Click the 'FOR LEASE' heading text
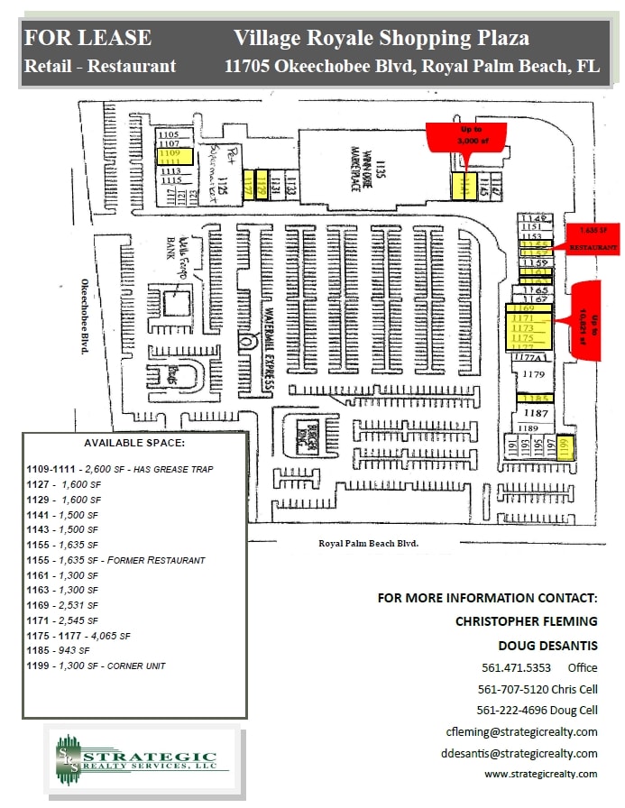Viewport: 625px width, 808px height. (x=88, y=38)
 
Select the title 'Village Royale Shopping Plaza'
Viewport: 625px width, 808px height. (x=381, y=38)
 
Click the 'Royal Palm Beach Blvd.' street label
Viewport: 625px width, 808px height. (x=369, y=544)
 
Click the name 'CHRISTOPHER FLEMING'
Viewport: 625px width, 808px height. (x=526, y=621)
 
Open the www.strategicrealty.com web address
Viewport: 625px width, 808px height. (x=540, y=774)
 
